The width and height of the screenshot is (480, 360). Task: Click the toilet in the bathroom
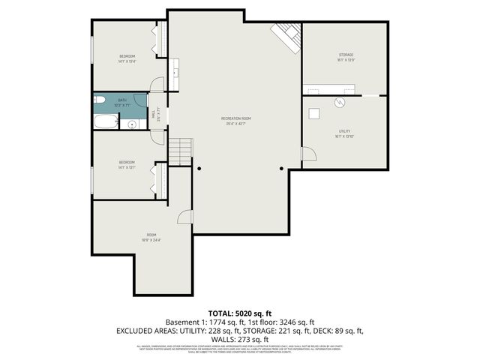(99, 100)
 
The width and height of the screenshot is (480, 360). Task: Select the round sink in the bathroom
(130, 124)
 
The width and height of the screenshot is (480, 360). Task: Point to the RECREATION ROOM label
(235, 118)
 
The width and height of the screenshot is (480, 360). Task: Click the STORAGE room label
(345, 55)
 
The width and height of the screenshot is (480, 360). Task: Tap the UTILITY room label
(344, 131)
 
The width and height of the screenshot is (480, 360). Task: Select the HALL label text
(154, 115)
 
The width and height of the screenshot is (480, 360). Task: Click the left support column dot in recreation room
(199, 169)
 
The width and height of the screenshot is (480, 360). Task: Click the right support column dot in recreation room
(281, 169)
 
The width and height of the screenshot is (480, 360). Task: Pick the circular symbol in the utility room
(339, 102)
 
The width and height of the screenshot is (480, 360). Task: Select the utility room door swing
(307, 154)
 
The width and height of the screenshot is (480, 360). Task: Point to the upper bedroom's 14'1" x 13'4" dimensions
(127, 61)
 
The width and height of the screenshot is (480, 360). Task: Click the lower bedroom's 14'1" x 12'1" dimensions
(127, 167)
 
